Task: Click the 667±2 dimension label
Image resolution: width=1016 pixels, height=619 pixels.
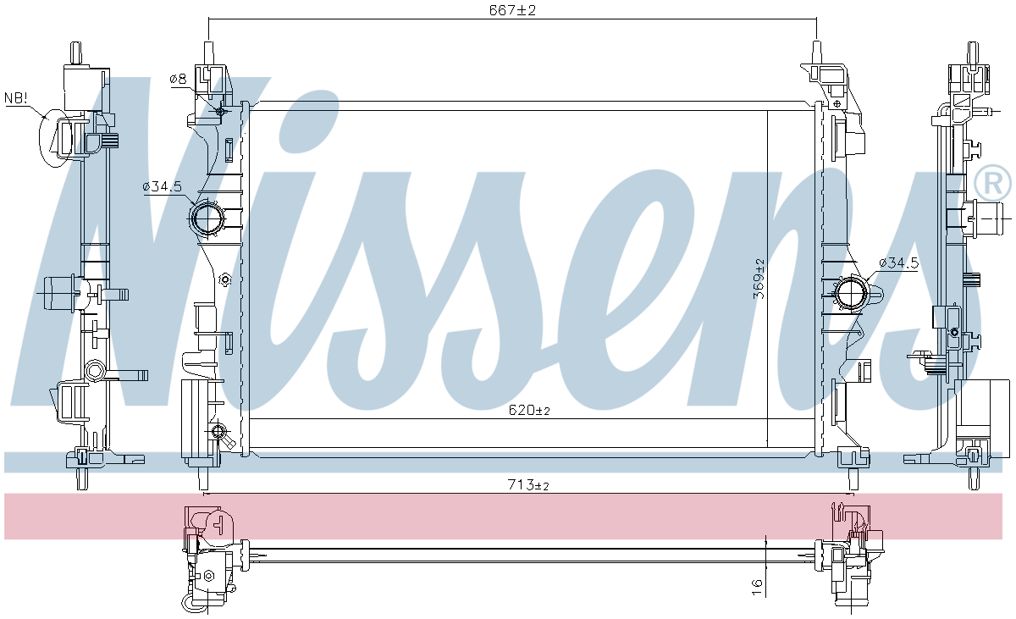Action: [512, 10]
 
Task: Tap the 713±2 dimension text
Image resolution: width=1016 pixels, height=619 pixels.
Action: [528, 485]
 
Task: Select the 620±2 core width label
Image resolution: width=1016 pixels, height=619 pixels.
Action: [529, 411]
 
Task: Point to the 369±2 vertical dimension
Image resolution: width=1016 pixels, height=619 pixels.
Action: [759, 279]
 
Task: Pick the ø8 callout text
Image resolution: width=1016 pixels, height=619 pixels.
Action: [178, 80]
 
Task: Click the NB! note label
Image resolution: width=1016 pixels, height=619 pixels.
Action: [16, 97]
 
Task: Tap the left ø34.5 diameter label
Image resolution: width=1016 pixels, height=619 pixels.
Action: [162, 186]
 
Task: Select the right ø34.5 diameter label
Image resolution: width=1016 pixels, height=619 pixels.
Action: [898, 263]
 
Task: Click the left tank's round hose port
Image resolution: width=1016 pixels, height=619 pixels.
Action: [208, 218]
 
